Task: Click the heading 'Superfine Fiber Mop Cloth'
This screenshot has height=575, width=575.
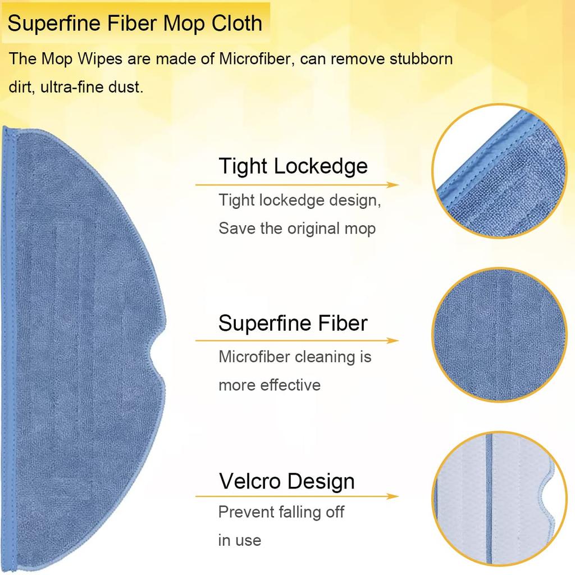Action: coord(135,23)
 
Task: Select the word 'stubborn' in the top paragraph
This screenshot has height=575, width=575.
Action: coord(421,58)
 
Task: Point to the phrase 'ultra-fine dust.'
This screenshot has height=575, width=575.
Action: coord(92,87)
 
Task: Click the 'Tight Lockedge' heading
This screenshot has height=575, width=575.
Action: coord(293,166)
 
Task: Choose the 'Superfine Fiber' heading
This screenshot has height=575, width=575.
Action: coord(293,323)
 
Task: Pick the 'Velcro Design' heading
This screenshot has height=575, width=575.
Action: coord(287,481)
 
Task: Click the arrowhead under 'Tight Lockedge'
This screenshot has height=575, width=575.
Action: coord(393,185)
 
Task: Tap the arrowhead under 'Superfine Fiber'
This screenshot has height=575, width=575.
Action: coord(393,341)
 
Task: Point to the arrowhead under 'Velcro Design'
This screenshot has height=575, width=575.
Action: coord(393,496)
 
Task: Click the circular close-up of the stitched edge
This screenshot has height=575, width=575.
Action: coord(499,171)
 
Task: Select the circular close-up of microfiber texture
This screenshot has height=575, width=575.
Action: coord(499,335)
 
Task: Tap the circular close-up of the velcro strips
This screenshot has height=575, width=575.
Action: coord(499,499)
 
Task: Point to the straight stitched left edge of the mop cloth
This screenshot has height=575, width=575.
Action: coord(9,348)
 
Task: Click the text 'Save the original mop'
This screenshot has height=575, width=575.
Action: coord(297,229)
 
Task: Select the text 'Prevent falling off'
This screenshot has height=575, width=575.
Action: coord(281,512)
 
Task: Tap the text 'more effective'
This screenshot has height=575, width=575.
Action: coord(270,385)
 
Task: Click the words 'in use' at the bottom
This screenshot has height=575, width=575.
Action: coord(239,541)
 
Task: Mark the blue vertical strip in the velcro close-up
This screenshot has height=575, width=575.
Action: coord(489,499)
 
